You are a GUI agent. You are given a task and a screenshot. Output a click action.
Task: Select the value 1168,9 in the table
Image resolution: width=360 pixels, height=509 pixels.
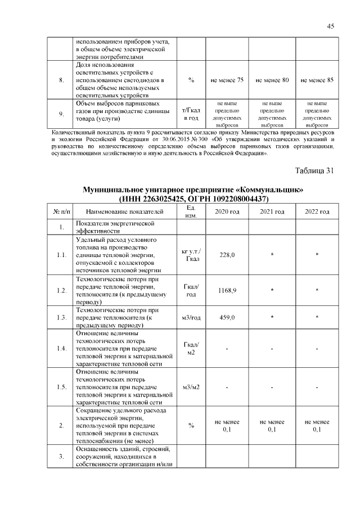[227, 290]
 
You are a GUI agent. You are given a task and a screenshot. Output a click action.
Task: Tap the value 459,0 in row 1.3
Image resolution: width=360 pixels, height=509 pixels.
[227, 318]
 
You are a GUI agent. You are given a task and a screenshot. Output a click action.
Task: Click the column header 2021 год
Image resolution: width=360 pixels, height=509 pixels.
[272, 211]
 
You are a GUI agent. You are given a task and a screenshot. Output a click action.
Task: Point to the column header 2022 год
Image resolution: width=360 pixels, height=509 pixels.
[317, 211]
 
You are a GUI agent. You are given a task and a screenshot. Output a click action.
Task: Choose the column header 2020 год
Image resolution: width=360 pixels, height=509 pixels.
[227, 211]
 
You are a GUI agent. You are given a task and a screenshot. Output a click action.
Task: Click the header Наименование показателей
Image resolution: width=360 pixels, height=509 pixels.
[125, 211]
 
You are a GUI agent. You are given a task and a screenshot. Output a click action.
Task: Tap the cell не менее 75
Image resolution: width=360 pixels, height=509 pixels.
[227, 80]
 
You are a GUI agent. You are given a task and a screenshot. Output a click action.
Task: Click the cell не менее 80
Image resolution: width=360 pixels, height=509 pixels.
[272, 80]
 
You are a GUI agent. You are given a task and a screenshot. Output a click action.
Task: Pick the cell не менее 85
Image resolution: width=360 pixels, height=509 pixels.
[317, 80]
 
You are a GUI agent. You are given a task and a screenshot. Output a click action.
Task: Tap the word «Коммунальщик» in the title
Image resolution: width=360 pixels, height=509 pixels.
[268, 190]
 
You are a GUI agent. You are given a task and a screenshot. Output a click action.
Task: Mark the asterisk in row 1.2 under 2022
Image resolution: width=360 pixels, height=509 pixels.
[317, 291]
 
